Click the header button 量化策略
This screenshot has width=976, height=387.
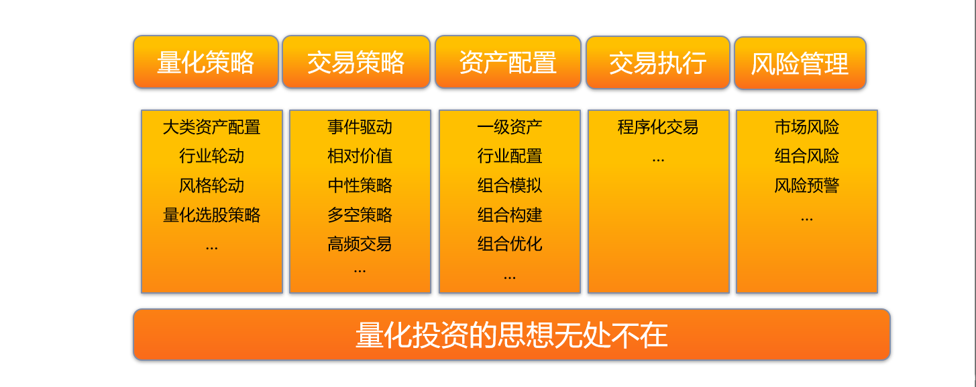click(206, 62)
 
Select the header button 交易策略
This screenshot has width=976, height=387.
click(356, 62)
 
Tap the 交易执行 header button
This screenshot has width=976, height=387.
click(658, 63)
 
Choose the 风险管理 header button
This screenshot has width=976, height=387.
click(800, 63)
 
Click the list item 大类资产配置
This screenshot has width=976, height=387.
click(212, 127)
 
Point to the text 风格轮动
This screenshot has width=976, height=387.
click(212, 185)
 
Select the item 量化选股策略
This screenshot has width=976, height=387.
click(212, 214)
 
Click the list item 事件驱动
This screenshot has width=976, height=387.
click(360, 127)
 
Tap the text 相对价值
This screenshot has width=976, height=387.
click(360, 156)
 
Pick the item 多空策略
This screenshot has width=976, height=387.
click(360, 214)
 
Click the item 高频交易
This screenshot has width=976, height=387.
click(360, 244)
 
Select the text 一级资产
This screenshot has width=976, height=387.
click(510, 127)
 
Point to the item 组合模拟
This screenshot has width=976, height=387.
click(510, 185)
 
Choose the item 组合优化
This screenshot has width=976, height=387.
click(510, 244)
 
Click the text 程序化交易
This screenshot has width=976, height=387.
click(658, 127)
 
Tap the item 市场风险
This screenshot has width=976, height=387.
click(807, 127)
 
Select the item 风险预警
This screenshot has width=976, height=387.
click(807, 185)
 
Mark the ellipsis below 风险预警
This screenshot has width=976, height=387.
click(807, 220)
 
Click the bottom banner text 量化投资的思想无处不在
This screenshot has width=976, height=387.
click(512, 335)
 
